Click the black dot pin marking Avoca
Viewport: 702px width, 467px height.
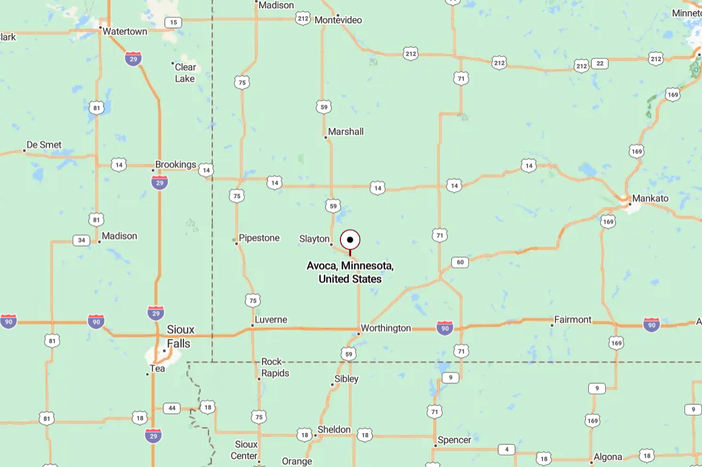pyautogui.click(x=350, y=240)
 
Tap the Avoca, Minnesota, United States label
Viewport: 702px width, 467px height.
pyautogui.click(x=350, y=272)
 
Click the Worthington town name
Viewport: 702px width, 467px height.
pyautogui.click(x=386, y=328)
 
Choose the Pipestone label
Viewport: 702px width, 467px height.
pyautogui.click(x=260, y=238)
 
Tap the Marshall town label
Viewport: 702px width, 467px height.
pyautogui.click(x=346, y=132)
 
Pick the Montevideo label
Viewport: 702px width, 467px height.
pyautogui.click(x=338, y=20)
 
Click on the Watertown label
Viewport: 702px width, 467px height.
pyautogui.click(x=125, y=31)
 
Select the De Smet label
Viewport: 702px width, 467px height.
pyautogui.click(x=44, y=145)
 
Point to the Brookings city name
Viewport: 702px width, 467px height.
pyautogui.click(x=175, y=165)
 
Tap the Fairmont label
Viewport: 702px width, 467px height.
pyautogui.click(x=573, y=320)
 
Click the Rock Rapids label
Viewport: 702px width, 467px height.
pyautogui.click(x=275, y=367)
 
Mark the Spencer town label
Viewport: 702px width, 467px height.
pyautogui.click(x=455, y=440)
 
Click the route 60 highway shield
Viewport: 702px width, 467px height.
pyautogui.click(x=460, y=262)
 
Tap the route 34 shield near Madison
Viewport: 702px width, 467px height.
pyautogui.click(x=81, y=240)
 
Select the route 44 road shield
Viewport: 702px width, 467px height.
pyautogui.click(x=172, y=408)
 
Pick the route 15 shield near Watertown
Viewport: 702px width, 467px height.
pyautogui.click(x=173, y=23)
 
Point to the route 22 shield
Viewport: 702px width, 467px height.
pyautogui.click(x=599, y=63)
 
